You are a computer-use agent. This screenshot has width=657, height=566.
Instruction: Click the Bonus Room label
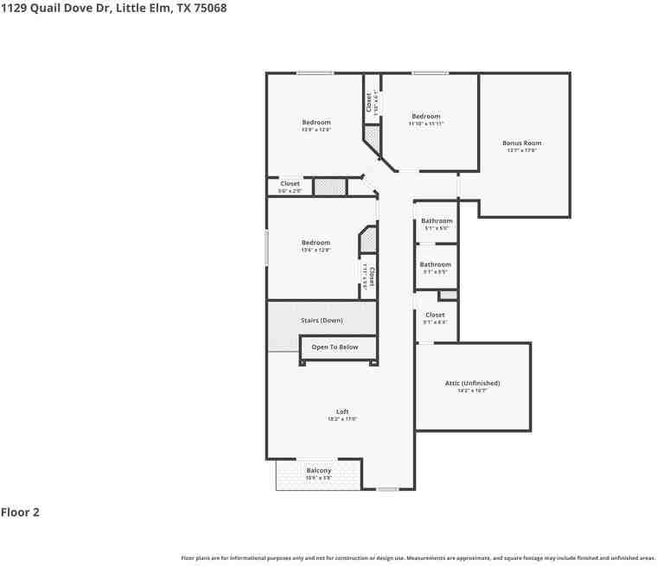click(522, 143)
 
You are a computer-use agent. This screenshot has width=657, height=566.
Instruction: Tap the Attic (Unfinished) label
click(472, 383)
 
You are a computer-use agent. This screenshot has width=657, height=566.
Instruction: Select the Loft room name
click(342, 411)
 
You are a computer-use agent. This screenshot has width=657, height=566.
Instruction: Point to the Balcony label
click(318, 471)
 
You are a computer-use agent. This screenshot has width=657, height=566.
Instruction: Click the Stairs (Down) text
click(322, 321)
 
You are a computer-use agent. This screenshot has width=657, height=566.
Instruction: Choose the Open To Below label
click(335, 347)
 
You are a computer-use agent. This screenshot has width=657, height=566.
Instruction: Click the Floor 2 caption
click(20, 512)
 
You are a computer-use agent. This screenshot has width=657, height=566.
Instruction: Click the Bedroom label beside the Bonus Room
click(425, 117)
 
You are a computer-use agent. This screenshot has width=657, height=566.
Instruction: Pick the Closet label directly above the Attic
click(435, 315)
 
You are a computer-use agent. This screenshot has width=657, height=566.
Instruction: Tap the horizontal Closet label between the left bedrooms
click(290, 184)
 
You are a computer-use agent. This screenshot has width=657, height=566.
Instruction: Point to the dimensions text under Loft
click(342, 419)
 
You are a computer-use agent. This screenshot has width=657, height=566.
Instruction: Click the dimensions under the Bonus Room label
click(522, 150)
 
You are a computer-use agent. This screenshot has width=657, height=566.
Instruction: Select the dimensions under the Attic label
click(472, 391)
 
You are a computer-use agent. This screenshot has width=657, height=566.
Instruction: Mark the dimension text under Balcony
click(318, 478)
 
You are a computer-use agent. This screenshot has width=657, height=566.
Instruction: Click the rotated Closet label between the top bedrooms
click(369, 103)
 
